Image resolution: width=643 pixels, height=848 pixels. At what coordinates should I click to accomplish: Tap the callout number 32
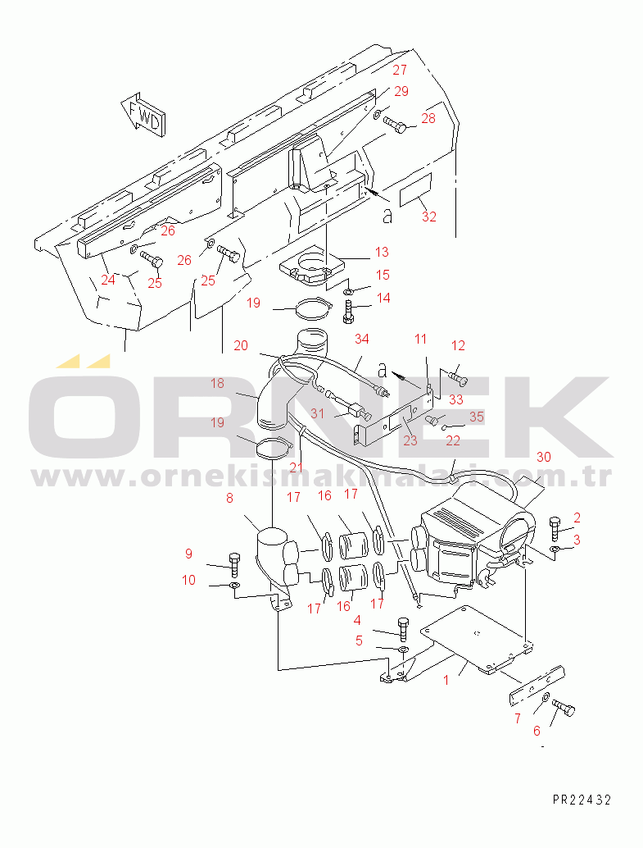(x=429, y=217)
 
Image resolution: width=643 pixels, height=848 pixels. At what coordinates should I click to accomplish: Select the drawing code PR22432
(x=582, y=800)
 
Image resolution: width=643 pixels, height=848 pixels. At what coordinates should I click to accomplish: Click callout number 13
(x=382, y=252)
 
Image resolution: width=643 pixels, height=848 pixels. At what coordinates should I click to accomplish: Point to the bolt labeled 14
(x=348, y=312)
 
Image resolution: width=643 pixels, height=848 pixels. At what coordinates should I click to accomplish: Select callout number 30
(x=544, y=457)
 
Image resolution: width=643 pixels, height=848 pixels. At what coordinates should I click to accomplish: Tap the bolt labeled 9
(x=235, y=565)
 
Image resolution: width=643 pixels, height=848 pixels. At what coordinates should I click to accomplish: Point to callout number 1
(x=446, y=681)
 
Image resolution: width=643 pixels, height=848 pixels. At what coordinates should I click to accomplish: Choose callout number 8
(x=229, y=498)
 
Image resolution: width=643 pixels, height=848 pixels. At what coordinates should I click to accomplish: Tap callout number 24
(x=108, y=280)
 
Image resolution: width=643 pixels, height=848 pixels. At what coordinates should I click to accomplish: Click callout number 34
(x=362, y=339)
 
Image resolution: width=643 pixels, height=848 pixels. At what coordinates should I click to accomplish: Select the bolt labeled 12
(x=458, y=378)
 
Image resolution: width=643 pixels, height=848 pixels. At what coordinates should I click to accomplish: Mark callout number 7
(x=518, y=718)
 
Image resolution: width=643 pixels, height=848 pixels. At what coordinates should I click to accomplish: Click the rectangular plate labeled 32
(x=415, y=189)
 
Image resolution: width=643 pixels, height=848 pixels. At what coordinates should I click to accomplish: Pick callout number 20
(x=241, y=345)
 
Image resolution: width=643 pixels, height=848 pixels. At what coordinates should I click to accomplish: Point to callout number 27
(x=400, y=70)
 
